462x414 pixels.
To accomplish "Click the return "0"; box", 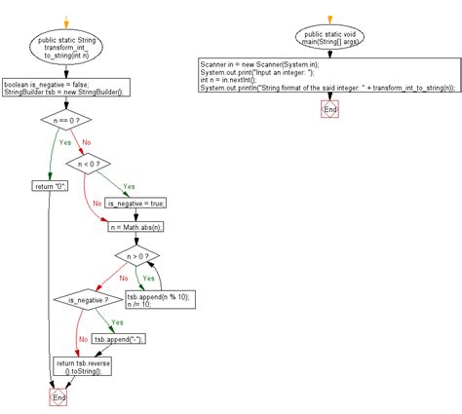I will click(x=51, y=184).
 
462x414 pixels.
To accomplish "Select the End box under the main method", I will click(x=331, y=110).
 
